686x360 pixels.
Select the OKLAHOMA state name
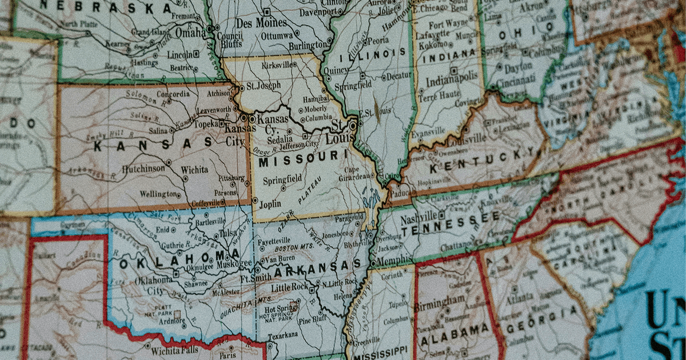(179, 259)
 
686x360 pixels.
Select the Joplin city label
(270, 203)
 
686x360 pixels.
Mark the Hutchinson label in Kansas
(143, 170)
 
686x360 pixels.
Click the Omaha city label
(189, 34)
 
